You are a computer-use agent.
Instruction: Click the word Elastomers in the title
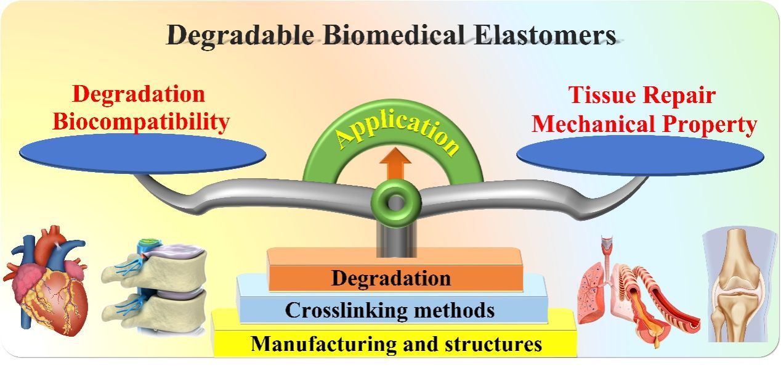pyautogui.click(x=544, y=35)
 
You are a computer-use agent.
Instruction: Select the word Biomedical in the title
pyautogui.click(x=394, y=35)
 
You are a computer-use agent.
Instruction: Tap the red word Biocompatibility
pyautogui.click(x=141, y=123)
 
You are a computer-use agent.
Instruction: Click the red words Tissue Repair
pyautogui.click(x=642, y=95)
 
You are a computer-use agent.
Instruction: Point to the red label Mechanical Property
pyautogui.click(x=644, y=125)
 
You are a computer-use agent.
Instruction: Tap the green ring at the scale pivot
pyautogui.click(x=396, y=203)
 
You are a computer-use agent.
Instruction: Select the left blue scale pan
pyautogui.click(x=143, y=154)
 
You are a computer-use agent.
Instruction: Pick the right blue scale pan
pyautogui.click(x=640, y=155)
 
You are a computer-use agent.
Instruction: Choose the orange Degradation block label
pyautogui.click(x=391, y=279)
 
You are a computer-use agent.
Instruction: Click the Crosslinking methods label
pyautogui.click(x=389, y=310)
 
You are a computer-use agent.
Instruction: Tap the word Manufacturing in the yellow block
pyautogui.click(x=323, y=344)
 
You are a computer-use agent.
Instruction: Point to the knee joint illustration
pyautogui.click(x=740, y=284)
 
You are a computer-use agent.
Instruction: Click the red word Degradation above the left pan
pyautogui.click(x=139, y=94)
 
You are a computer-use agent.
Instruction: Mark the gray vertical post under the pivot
pyautogui.click(x=396, y=242)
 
